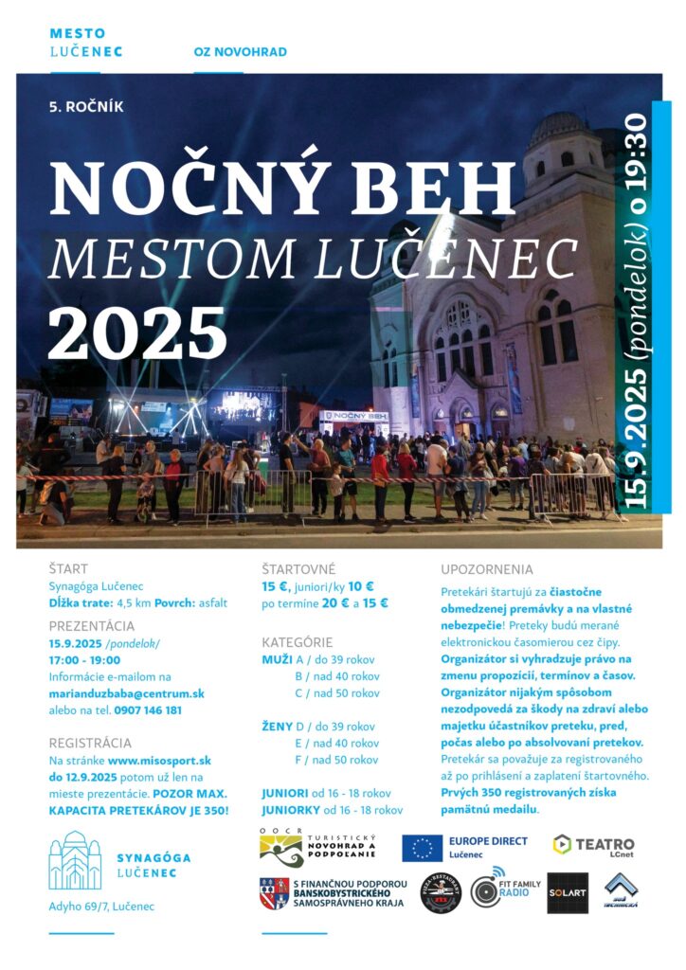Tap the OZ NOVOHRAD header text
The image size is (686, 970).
click(x=240, y=52)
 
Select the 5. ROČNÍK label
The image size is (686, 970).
click(x=86, y=107)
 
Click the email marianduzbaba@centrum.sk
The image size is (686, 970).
click(x=127, y=693)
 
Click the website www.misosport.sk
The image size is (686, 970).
click(x=159, y=760)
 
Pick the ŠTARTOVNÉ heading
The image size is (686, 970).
click(x=298, y=569)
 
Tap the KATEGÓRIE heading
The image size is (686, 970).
click(x=297, y=642)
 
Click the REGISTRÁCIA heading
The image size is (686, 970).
click(x=90, y=743)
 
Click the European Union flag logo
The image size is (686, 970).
click(x=422, y=848)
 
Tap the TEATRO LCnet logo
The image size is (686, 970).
click(x=593, y=845)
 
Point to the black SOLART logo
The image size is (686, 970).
click(x=568, y=893)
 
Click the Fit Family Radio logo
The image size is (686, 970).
click(x=505, y=891)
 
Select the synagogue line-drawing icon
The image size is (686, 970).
click(x=75, y=860)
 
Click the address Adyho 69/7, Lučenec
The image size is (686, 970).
click(x=101, y=907)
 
